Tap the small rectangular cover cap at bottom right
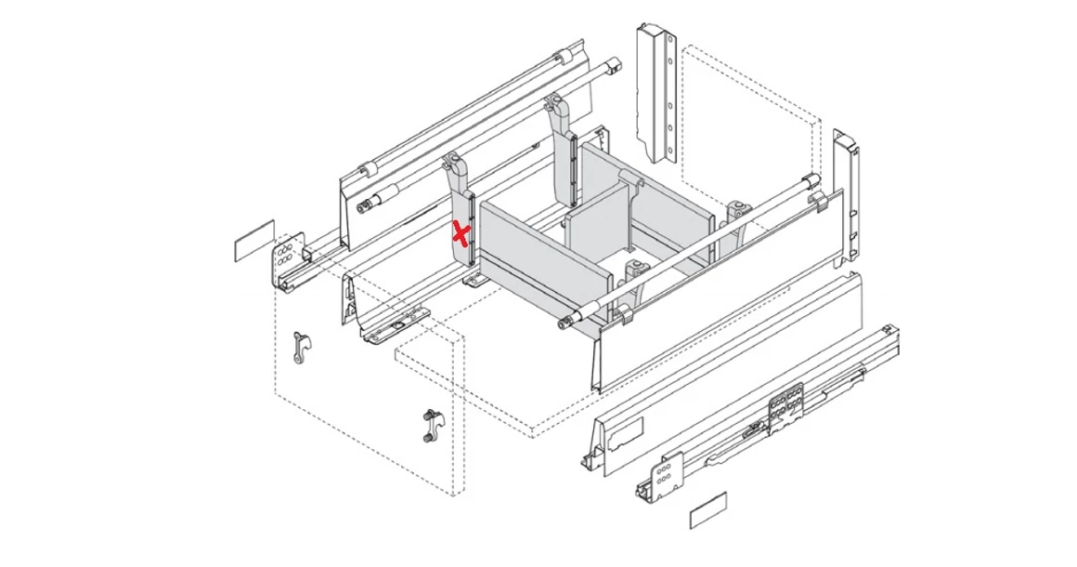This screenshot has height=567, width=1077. coord(708,510)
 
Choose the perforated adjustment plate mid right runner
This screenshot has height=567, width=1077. coord(785,407)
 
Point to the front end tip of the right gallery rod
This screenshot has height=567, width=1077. coord(564,323)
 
